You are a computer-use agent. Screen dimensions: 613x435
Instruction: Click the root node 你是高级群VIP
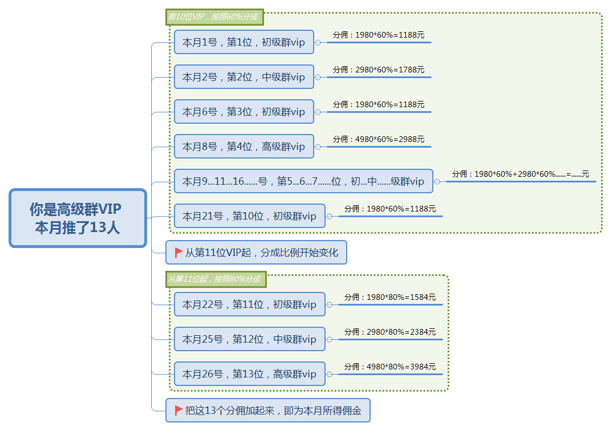(78, 218)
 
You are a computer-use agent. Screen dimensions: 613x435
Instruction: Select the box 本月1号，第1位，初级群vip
(244, 42)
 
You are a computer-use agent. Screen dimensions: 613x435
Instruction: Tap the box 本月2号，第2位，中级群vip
(244, 77)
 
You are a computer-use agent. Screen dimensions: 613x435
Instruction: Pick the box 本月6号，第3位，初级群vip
(244, 112)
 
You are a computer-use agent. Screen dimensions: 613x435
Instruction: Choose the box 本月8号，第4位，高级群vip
(244, 147)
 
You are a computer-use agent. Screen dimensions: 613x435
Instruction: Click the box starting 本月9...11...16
(303, 181)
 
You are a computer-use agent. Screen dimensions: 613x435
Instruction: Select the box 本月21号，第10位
(249, 216)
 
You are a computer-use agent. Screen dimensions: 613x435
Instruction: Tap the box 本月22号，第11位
(249, 304)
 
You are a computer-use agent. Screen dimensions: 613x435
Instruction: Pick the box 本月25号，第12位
(249, 339)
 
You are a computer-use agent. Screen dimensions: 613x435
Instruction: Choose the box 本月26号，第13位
(249, 374)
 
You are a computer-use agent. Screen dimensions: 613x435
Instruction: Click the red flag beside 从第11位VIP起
(178, 253)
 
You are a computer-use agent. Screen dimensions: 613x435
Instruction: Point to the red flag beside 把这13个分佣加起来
(178, 410)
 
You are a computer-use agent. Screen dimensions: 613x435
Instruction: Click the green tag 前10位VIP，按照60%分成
(214, 17)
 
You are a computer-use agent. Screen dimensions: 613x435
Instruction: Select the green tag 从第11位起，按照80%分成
(216, 279)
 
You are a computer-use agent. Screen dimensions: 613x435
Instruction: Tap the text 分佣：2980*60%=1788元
(379, 70)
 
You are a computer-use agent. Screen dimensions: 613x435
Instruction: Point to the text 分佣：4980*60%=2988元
(379, 139)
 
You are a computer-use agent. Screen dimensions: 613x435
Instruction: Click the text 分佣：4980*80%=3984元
(390, 367)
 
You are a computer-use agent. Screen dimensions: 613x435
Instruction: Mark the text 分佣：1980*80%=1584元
(390, 297)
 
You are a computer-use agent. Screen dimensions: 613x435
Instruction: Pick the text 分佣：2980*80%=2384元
(390, 332)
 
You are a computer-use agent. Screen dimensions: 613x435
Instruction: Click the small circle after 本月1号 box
(318, 43)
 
